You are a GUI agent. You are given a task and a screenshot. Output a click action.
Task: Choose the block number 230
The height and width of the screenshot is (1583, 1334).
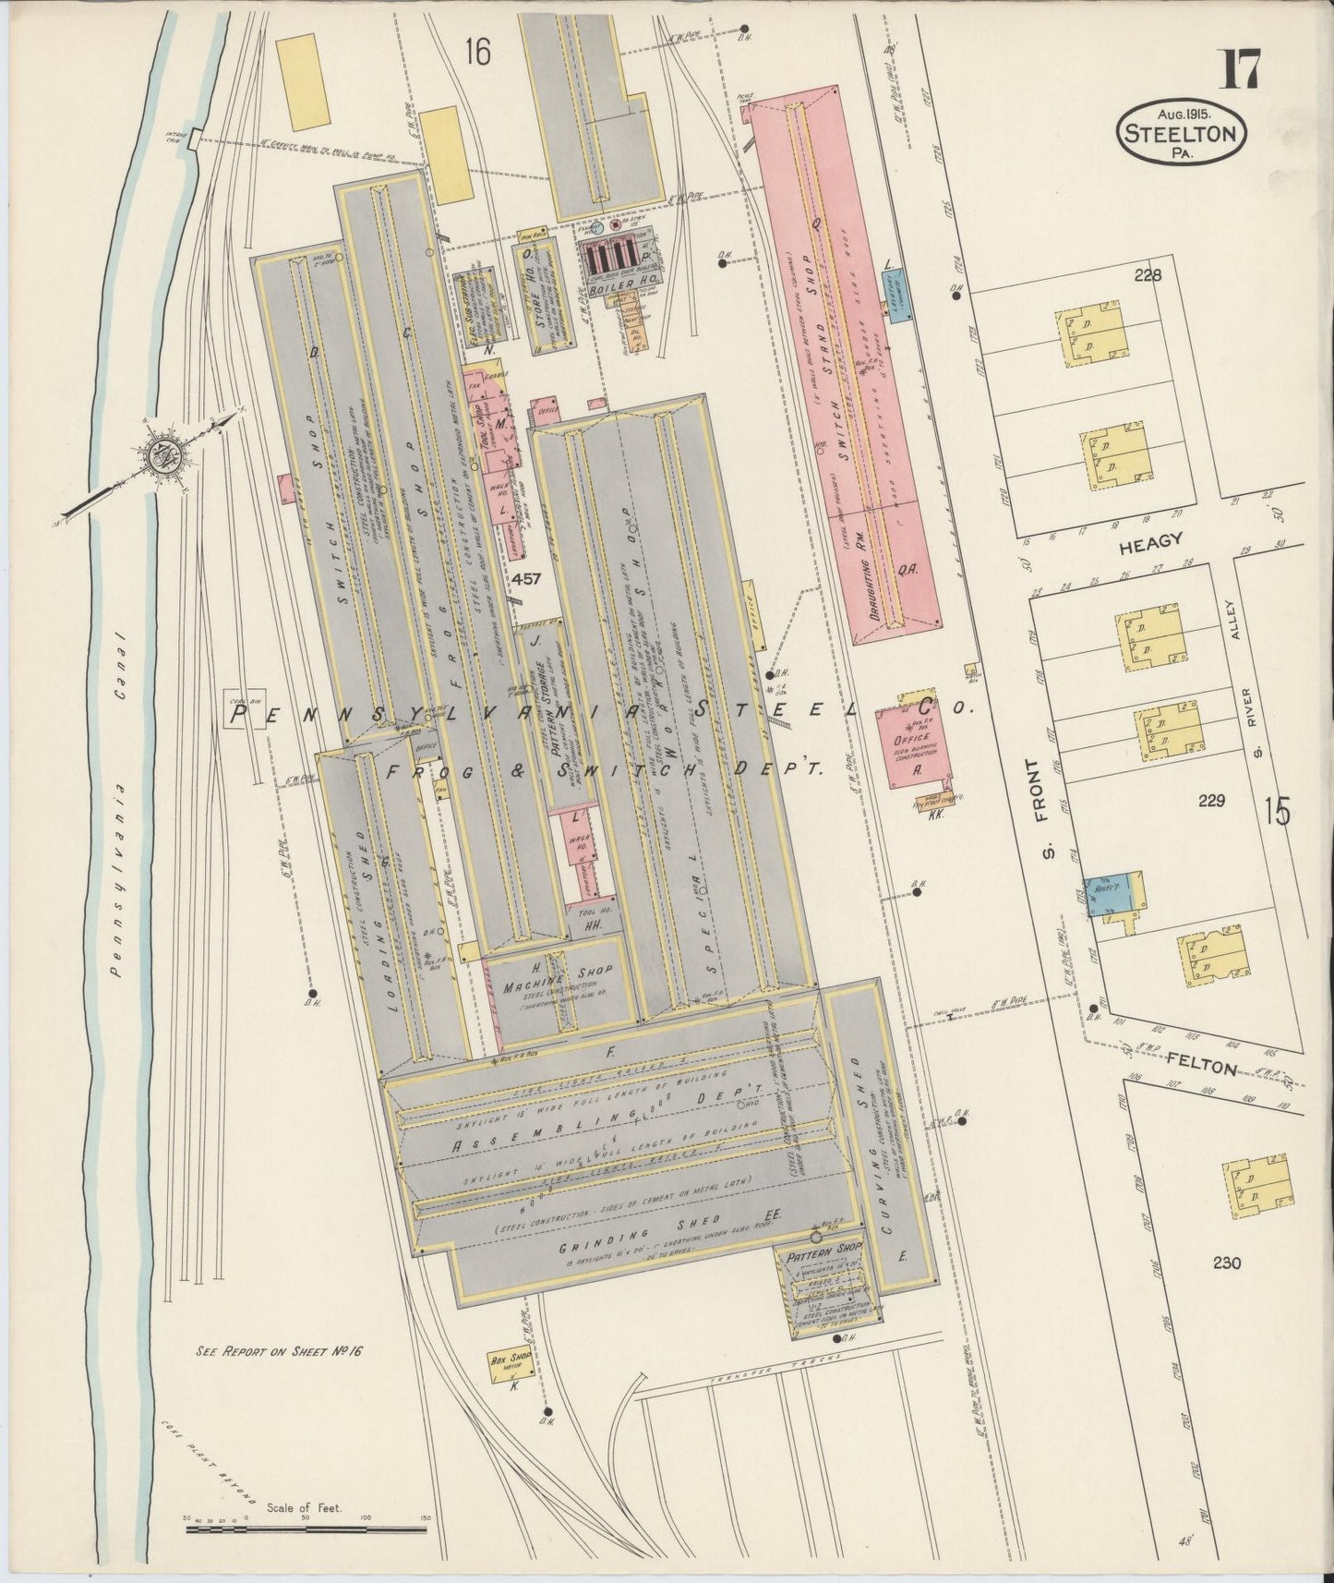(x=1227, y=1264)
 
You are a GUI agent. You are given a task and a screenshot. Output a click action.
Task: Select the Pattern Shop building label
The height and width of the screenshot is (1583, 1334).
(x=823, y=1249)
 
